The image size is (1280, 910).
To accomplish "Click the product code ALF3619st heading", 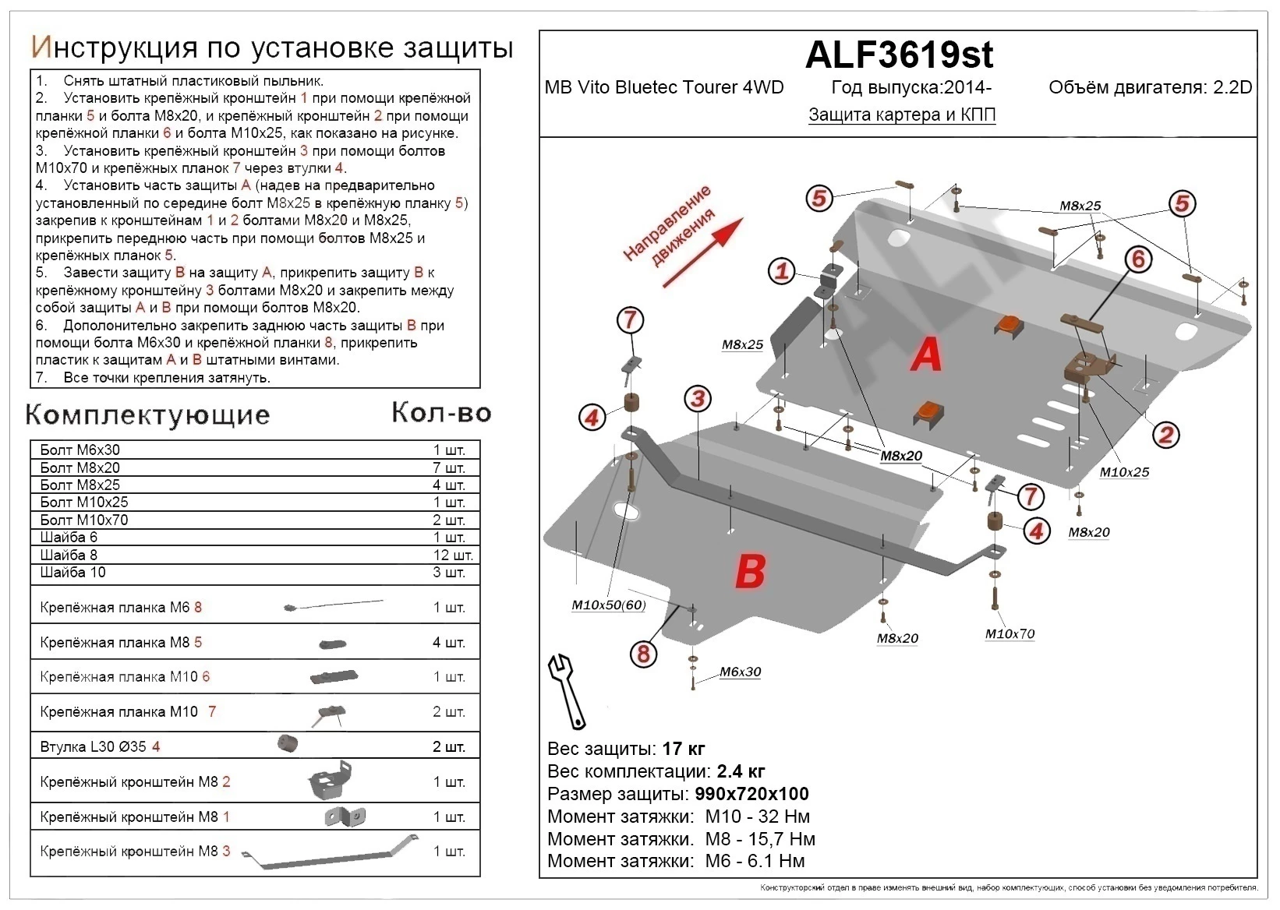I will (x=899, y=55).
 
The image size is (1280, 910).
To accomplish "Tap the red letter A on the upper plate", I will (x=926, y=355).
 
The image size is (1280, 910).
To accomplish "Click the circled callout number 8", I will (x=643, y=654).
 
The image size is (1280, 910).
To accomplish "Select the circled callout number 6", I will (x=1138, y=259).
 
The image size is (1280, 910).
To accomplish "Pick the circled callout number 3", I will (x=698, y=400).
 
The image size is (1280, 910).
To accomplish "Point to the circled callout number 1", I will (x=782, y=271).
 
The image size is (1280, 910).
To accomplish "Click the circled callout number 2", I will (x=1166, y=435).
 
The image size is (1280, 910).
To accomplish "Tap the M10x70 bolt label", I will (x=1010, y=634).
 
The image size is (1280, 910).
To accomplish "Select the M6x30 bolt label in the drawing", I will (x=740, y=672).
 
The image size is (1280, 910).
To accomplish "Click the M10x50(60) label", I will (x=608, y=605).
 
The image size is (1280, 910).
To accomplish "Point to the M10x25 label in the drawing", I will (x=1124, y=472).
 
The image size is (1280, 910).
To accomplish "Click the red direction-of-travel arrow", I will (x=702, y=253).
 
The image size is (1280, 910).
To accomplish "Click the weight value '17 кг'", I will (x=683, y=749).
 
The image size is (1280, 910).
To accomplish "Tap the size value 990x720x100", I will (x=749, y=794).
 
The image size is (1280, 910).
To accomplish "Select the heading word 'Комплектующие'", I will (x=148, y=414).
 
